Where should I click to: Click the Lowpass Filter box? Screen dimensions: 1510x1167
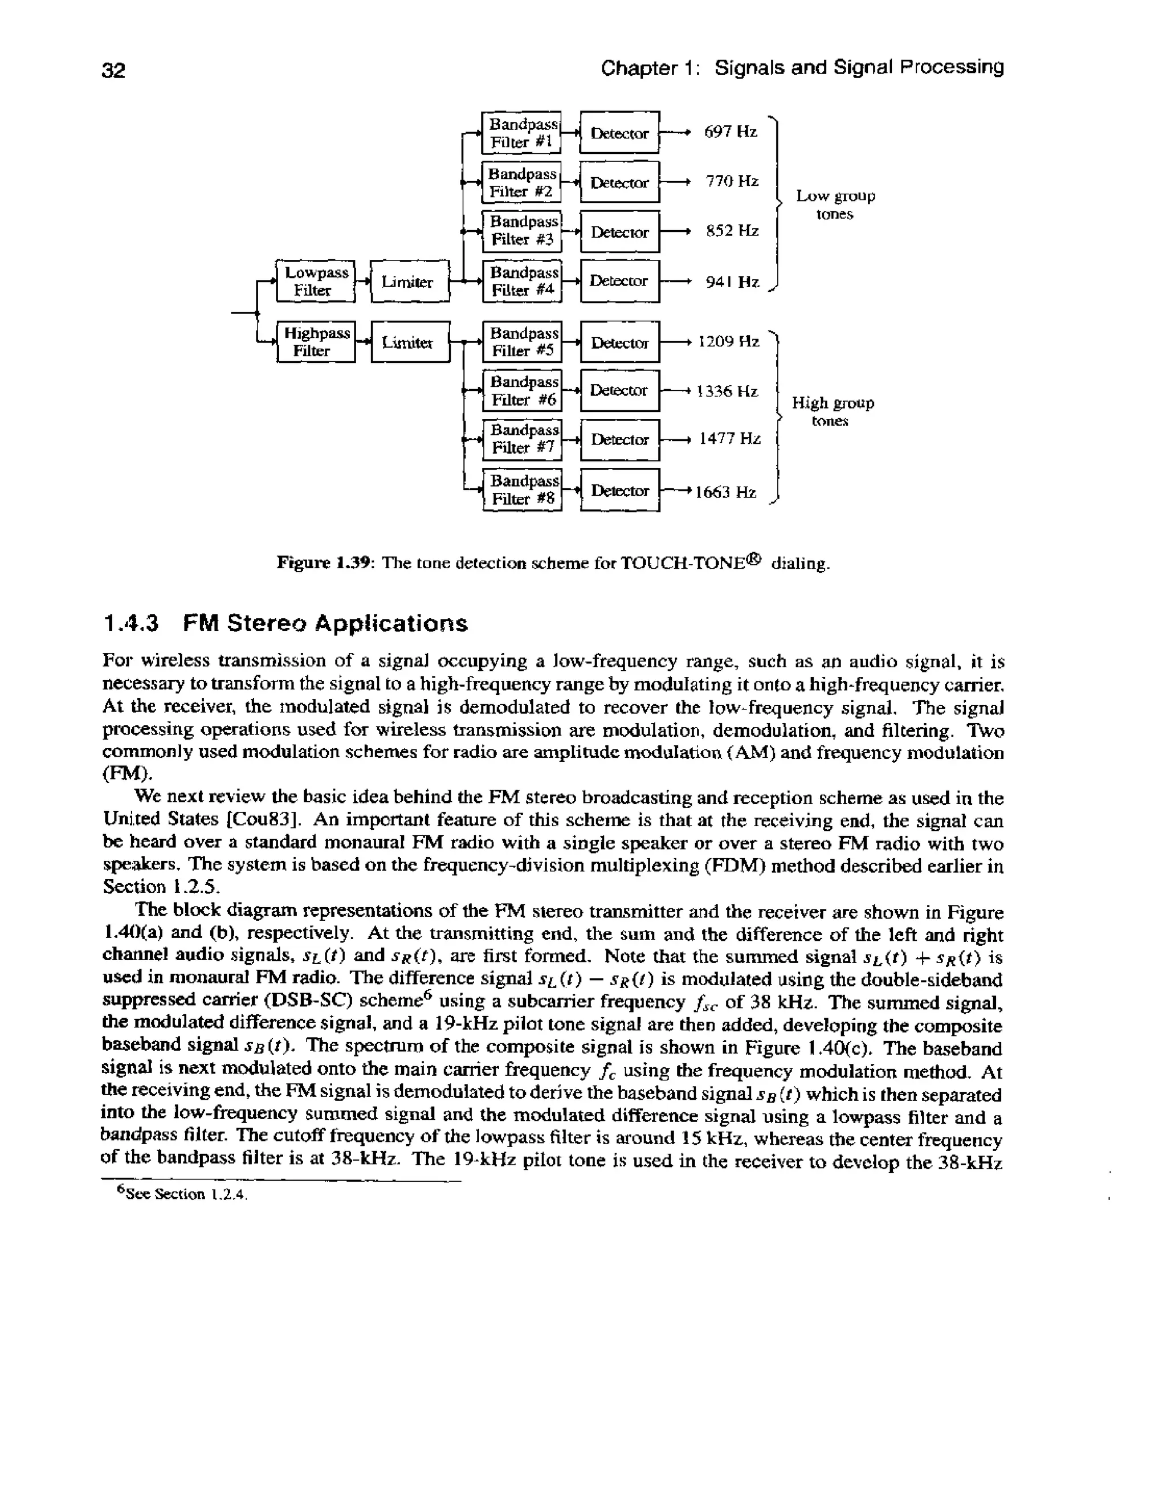pos(315,281)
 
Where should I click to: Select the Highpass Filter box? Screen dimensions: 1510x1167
pos(316,341)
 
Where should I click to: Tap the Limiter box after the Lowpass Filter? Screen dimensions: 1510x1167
pos(410,281)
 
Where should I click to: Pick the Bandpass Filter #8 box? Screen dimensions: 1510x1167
pos(522,489)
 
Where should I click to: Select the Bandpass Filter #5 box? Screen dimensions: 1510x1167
pos(522,341)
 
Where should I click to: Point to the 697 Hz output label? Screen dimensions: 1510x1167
pos(731,132)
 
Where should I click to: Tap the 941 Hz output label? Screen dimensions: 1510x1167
pos(732,282)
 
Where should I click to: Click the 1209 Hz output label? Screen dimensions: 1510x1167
pos(729,341)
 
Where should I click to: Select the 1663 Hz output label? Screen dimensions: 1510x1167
pos(725,492)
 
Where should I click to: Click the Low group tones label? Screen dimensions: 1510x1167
pos(835,205)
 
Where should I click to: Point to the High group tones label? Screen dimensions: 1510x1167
pos(833,411)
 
